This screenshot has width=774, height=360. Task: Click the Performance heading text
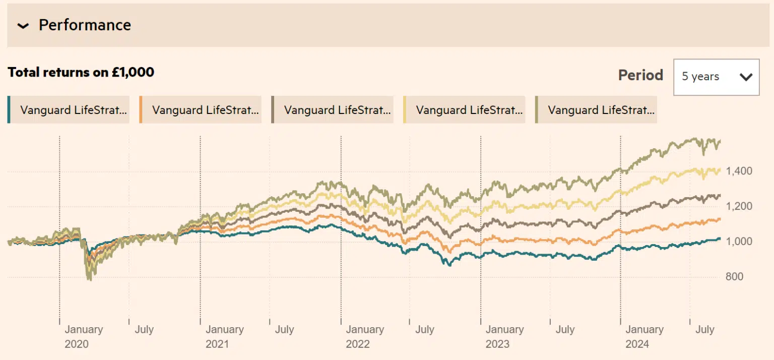point(85,25)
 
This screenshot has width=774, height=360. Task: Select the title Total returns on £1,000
point(81,72)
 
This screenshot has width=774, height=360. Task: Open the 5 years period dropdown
point(716,77)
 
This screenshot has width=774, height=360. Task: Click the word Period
point(640,75)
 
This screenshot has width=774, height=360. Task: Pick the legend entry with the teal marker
point(69,110)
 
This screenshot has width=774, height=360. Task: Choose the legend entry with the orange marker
point(201,110)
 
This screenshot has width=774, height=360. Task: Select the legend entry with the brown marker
point(333,110)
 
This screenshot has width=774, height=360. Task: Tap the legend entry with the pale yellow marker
point(465,110)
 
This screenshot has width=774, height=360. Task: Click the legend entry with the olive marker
point(597,110)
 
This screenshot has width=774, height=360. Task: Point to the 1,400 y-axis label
point(739,171)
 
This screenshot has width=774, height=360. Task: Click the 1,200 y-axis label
point(739,206)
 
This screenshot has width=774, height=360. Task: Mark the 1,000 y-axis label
point(739,242)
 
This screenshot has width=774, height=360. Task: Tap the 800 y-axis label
point(735,277)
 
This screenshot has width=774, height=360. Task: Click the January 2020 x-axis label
point(83,336)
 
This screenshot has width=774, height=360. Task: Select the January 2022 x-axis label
point(364,336)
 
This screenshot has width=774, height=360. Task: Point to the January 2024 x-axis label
point(644,336)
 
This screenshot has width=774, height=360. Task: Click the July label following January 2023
point(565,329)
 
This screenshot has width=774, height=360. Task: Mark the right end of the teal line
point(720,238)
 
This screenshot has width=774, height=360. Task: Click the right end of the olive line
point(720,141)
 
